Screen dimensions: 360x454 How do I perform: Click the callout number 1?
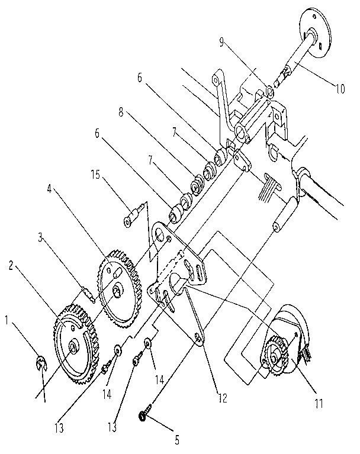(6, 321)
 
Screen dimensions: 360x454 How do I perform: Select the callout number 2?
(11, 266)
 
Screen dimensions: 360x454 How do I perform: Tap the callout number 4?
(49, 189)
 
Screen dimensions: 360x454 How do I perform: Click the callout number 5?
(177, 440)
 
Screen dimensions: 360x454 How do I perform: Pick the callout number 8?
(121, 112)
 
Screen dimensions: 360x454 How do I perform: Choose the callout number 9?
(221, 43)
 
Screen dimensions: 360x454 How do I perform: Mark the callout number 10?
(340, 89)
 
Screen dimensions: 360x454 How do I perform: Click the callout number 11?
(319, 403)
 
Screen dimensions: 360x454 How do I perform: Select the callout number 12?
(223, 398)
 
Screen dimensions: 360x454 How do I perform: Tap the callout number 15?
(95, 175)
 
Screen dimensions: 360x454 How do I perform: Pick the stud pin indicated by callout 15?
(133, 215)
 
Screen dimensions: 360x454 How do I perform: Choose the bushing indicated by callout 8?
(197, 184)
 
